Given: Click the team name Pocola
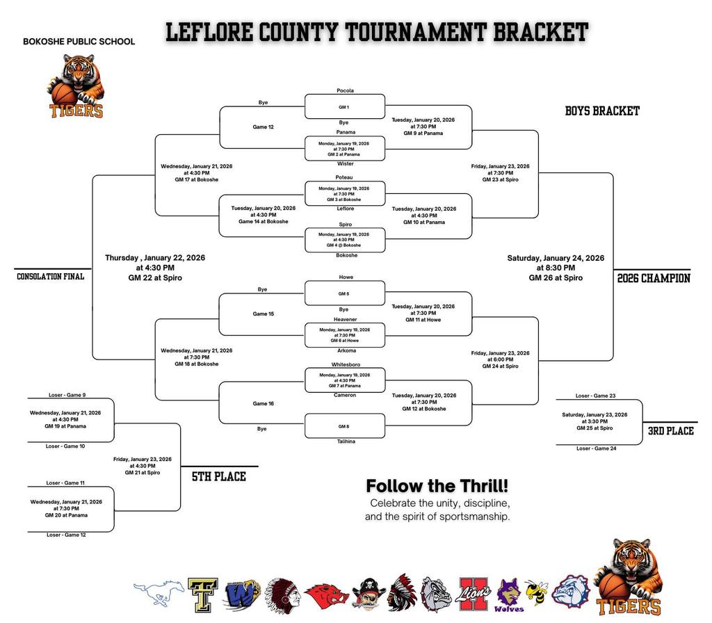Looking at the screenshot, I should point(345,90).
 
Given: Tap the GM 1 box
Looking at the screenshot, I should point(344,107).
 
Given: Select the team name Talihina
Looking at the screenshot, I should point(346,442).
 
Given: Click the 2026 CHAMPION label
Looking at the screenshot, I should point(654,278).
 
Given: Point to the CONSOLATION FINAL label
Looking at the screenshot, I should point(50,277).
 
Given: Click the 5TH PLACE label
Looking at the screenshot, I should point(219,476).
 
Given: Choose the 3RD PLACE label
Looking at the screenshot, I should point(670,431).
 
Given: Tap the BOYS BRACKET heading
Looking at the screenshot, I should point(602,111).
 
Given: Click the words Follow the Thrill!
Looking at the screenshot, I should point(437,485).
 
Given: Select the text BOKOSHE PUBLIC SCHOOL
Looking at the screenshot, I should point(79,42).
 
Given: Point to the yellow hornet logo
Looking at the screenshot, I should point(536,593).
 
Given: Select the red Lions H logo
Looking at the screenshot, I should point(475,594).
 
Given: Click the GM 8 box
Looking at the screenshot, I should point(344,426).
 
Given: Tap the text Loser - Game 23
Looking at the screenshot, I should point(595,396).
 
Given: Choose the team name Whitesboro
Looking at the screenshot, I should point(346,364).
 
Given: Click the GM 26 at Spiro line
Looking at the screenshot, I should point(556,278).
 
